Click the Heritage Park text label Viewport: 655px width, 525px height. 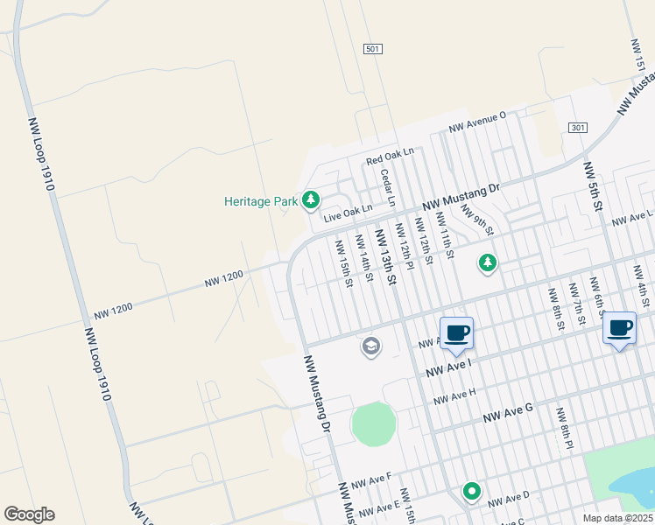point(261,201)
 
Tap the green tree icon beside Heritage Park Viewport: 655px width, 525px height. point(310,200)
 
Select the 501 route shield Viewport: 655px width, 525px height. point(373,50)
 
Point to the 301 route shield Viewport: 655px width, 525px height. point(576,128)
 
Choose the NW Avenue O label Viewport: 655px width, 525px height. point(477,122)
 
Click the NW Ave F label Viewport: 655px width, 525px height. point(370,481)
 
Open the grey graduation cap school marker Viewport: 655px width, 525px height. point(371,346)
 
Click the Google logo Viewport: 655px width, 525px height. point(29,514)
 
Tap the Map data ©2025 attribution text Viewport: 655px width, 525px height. point(618,518)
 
